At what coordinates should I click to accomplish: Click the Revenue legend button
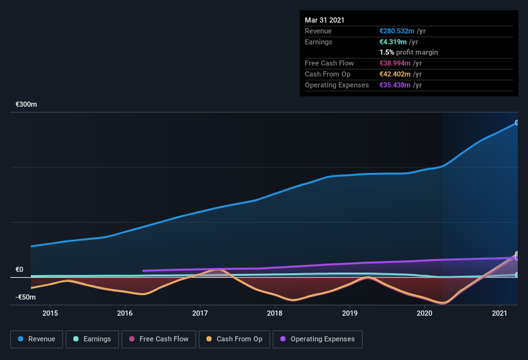coord(37,339)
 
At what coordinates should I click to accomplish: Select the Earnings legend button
coord(92,339)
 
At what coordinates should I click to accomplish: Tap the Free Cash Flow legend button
coord(159,339)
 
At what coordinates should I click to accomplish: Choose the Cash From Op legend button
coord(234,339)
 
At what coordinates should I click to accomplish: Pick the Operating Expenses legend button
coord(317,339)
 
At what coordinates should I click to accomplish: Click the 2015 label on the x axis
coord(50,313)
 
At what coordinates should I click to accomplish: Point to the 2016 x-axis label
coord(125,313)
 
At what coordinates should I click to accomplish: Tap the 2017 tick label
coord(200,313)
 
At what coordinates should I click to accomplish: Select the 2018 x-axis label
coord(275,313)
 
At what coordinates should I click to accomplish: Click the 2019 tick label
coord(350,313)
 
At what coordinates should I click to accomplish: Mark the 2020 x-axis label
coord(424,313)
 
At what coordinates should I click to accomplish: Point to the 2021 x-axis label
coord(500,313)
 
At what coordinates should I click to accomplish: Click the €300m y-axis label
coord(26,104)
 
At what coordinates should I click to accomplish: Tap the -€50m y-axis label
coord(26,298)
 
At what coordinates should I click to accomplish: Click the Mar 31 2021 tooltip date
coord(324,20)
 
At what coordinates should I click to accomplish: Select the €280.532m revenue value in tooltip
coord(397,30)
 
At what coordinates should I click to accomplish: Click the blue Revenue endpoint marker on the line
coord(517,122)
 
